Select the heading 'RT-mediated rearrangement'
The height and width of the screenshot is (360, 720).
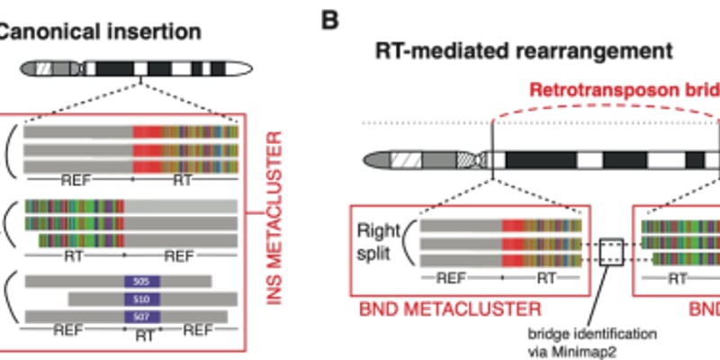click(x=523, y=50)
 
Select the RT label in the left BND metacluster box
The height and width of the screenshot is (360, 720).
click(x=546, y=278)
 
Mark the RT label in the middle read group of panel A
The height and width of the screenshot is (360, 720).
click(x=74, y=256)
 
